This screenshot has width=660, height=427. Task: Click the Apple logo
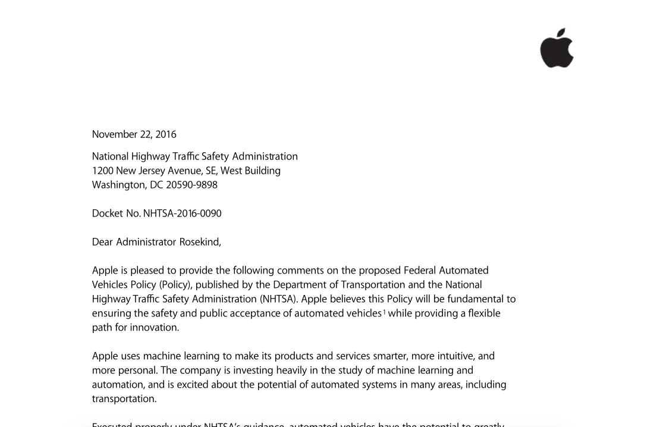557,49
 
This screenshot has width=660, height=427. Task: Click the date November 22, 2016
134,134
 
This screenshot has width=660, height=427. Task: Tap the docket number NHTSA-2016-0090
182,213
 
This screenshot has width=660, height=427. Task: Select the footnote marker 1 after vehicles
384,312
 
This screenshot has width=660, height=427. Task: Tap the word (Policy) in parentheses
175,285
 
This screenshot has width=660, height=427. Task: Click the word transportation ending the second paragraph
124,399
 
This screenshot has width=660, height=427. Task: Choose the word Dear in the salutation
102,242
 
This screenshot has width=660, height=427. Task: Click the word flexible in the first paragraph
484,313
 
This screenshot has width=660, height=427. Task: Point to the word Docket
107,213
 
